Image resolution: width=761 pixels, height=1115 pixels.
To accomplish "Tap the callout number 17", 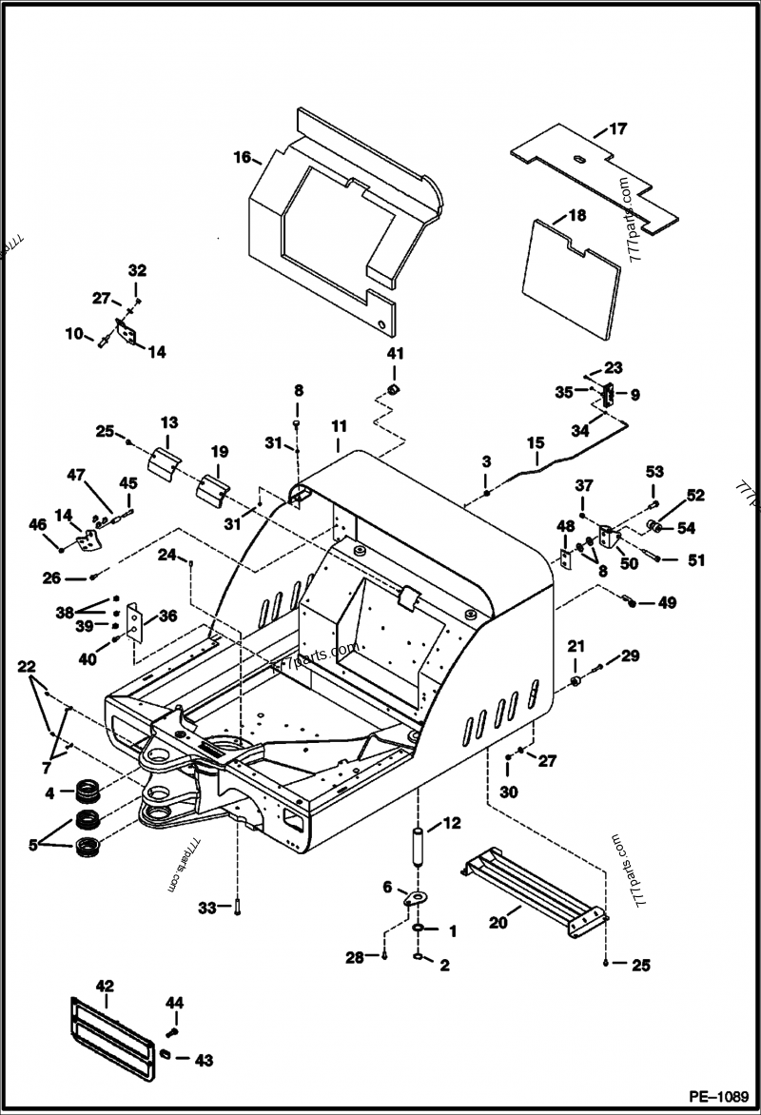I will click(617, 128).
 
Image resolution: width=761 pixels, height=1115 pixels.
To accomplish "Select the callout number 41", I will click(395, 353).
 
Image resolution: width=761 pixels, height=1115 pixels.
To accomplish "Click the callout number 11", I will click(338, 426).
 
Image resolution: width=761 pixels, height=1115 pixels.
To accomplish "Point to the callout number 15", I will click(536, 442).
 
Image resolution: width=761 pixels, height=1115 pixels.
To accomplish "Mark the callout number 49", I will click(667, 602).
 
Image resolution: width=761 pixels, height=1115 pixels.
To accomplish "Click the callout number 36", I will click(167, 616).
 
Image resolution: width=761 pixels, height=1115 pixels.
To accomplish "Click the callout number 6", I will click(387, 887).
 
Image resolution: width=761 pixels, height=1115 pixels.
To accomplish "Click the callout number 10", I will click(74, 333).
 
